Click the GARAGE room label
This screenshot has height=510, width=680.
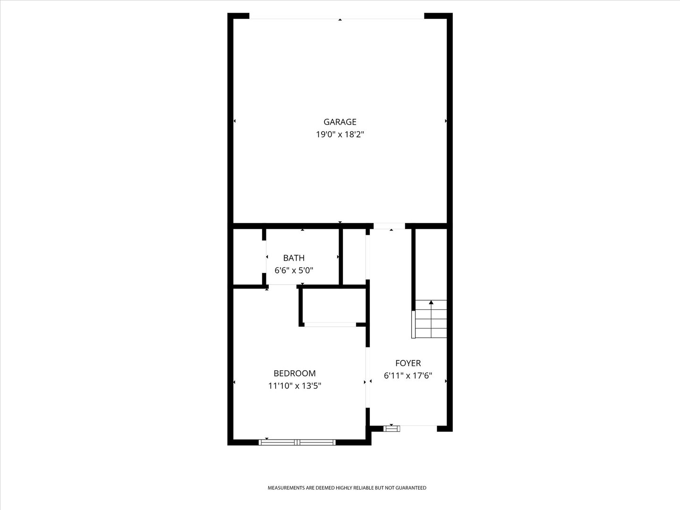[x=340, y=122]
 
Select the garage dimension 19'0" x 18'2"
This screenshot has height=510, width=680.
[x=340, y=135]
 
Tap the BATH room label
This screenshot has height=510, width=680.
[x=294, y=258]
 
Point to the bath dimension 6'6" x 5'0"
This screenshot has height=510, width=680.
[x=294, y=270]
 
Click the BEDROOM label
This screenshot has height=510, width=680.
[x=295, y=374]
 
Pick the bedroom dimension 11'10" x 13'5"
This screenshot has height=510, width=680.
[x=295, y=386]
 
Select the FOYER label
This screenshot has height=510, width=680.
[x=408, y=363]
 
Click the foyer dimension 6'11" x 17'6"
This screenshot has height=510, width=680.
[x=408, y=375]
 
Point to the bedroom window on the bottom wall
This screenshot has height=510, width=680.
[x=297, y=442]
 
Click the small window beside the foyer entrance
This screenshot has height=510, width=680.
[x=391, y=429]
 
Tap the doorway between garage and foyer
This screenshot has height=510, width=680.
[x=389, y=226]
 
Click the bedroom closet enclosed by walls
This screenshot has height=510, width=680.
[x=334, y=306]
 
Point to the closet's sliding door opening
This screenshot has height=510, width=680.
[x=330, y=324]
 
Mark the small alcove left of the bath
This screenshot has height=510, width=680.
[x=247, y=257]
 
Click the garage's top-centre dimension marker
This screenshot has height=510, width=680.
[x=340, y=19]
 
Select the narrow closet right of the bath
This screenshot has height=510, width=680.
[x=354, y=257]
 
